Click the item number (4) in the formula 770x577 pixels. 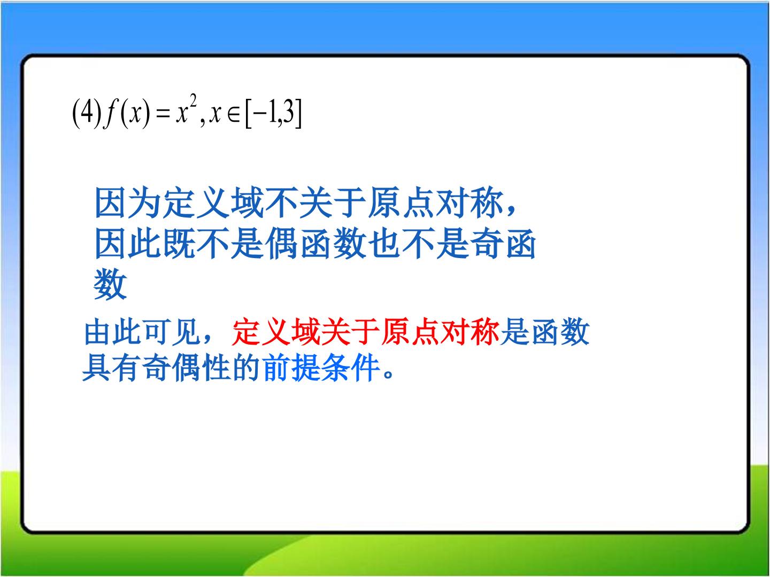(x=87, y=113)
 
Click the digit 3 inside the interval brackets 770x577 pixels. (x=288, y=112)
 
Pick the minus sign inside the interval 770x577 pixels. (x=259, y=114)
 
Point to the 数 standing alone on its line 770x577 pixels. (x=110, y=284)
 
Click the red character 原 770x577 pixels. (x=395, y=331)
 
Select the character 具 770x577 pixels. (x=96, y=368)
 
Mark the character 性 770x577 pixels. (x=216, y=368)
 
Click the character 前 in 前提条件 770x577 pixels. (x=276, y=368)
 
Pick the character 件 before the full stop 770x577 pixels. (x=366, y=368)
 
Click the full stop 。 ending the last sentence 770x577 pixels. (x=389, y=374)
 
